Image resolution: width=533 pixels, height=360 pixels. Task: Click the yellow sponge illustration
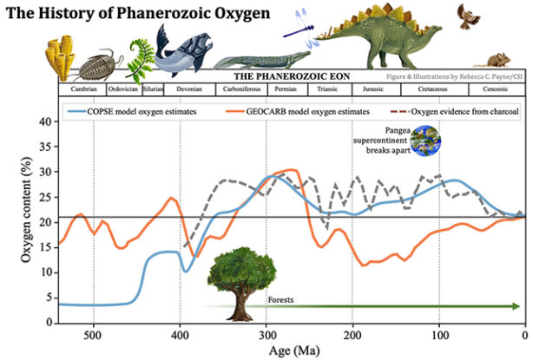coord(62,57)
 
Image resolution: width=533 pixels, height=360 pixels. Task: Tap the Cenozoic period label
coord(493,88)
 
